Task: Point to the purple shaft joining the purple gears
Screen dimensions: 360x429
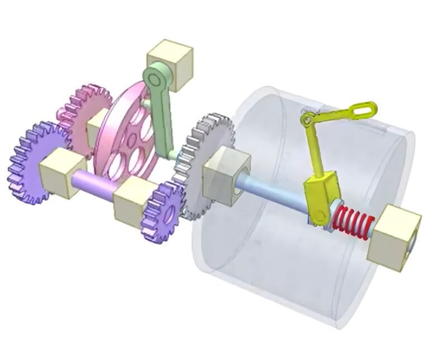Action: point(92,184)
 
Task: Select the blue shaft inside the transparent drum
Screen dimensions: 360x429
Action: point(274,196)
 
